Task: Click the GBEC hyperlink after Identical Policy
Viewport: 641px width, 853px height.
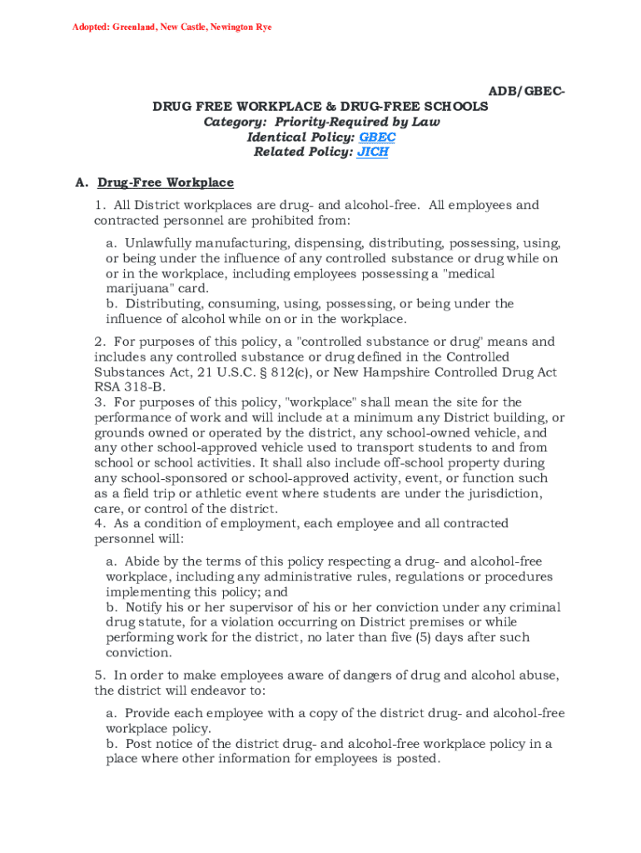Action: pos(377,137)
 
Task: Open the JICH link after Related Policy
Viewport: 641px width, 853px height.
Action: pos(373,152)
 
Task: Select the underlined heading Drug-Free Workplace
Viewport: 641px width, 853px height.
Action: pos(166,182)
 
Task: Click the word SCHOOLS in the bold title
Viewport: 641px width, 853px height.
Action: pos(454,107)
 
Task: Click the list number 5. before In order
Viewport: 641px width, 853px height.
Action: pos(100,675)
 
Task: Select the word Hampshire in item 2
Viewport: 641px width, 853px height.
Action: pos(417,372)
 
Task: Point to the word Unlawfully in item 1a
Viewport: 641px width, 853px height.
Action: pos(158,243)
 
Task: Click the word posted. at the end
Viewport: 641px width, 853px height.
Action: pos(416,759)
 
